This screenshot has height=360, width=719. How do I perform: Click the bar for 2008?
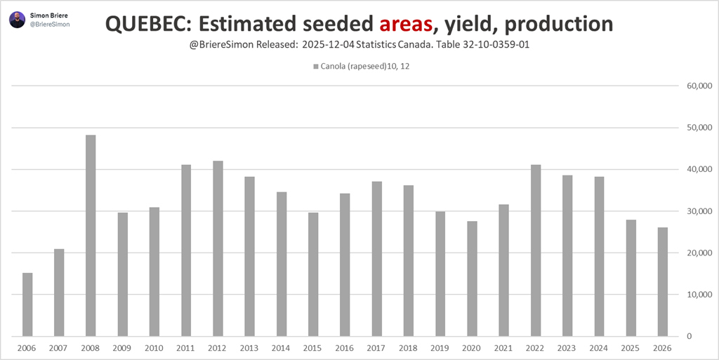click(x=91, y=235)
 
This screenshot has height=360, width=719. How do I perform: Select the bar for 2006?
click(x=27, y=304)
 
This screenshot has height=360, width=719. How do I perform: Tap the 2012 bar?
click(x=218, y=248)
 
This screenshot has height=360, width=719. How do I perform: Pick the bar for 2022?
click(x=536, y=250)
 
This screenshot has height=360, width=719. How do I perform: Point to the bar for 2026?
click(x=663, y=281)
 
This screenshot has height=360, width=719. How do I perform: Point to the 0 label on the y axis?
click(x=701, y=336)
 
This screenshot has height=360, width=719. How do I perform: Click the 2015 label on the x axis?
click(x=313, y=348)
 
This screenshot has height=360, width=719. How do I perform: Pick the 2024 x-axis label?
click(x=599, y=348)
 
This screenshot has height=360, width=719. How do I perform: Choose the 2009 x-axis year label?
click(x=123, y=348)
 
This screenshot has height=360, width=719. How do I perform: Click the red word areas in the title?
click(x=404, y=25)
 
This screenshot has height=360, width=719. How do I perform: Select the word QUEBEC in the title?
click(x=147, y=25)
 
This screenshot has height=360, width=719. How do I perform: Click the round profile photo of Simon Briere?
click(x=18, y=20)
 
